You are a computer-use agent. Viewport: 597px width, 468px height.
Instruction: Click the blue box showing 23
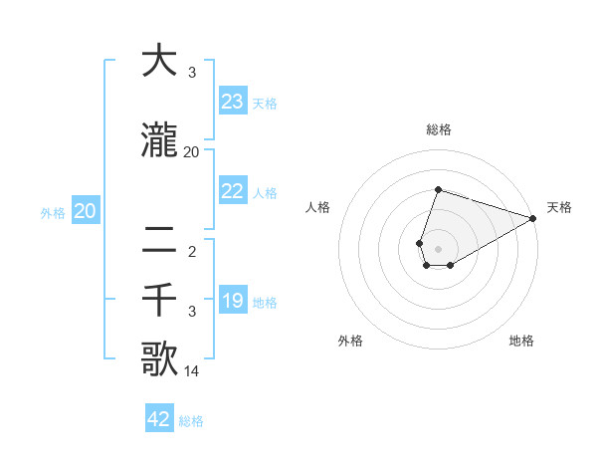click(233, 102)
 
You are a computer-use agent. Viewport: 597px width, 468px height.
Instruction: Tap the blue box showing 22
click(233, 191)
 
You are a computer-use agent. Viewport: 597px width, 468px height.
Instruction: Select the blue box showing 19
click(233, 301)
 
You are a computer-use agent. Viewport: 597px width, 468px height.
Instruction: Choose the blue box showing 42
click(159, 419)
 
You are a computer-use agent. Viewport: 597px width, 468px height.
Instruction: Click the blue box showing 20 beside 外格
click(85, 211)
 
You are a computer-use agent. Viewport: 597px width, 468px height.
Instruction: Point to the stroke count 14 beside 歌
click(192, 372)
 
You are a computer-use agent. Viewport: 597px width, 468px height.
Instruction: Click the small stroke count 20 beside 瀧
click(192, 152)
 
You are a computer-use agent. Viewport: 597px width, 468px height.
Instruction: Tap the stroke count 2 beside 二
click(192, 252)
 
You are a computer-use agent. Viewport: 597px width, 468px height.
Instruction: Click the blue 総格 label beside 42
click(191, 421)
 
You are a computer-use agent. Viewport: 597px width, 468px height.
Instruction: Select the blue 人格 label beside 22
click(265, 192)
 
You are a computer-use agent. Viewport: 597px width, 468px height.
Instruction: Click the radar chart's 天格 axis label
click(559, 207)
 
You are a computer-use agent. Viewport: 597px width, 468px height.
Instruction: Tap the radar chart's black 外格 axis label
click(350, 341)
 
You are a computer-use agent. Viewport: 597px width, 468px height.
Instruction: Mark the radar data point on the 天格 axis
click(533, 218)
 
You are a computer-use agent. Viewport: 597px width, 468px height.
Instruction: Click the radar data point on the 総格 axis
click(438, 190)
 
